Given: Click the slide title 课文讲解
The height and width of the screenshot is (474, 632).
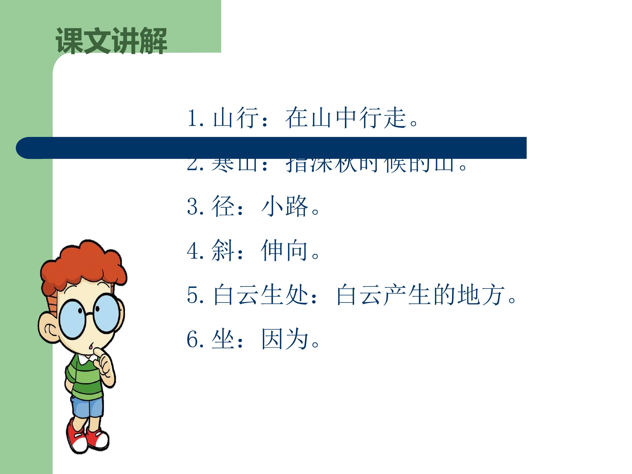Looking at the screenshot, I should tap(111, 41).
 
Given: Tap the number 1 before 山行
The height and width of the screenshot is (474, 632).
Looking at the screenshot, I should tap(193, 117).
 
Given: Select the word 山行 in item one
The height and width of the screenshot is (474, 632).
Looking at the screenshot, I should tap(236, 117).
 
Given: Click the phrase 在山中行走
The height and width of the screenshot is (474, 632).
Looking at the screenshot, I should tap(346, 117).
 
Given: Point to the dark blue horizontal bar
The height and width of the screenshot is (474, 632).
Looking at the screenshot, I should tap(271, 148).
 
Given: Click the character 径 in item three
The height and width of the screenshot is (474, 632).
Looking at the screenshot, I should tap(223, 206).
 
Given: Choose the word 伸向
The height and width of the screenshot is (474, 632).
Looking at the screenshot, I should tap(284, 251).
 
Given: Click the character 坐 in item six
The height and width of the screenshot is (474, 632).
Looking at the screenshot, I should tap(223, 339).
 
